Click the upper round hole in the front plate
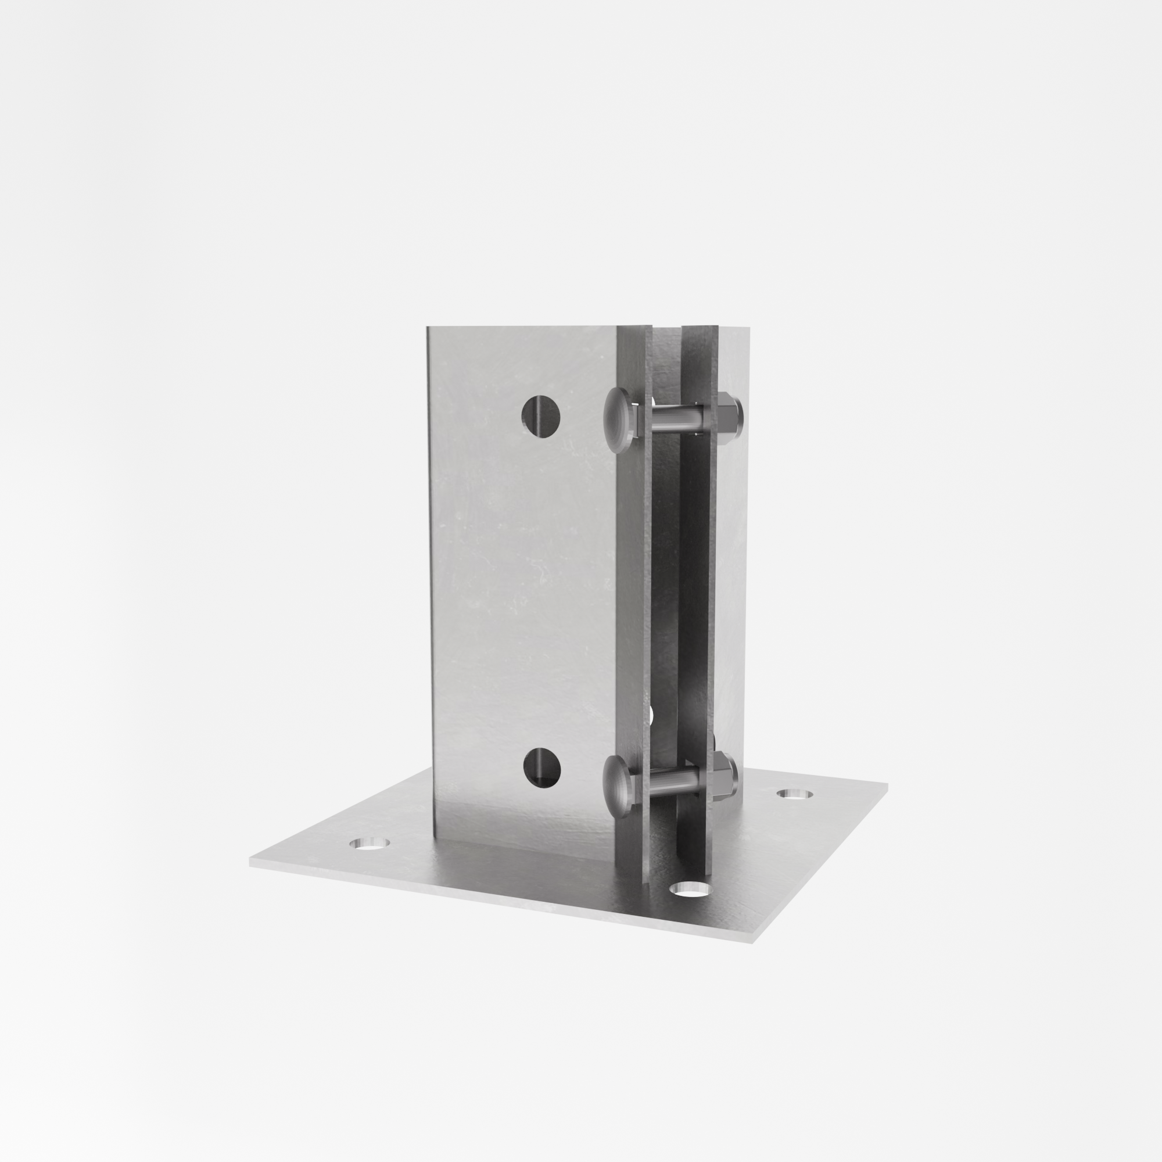(x=541, y=415)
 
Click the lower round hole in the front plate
(x=541, y=768)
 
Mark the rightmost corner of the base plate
(x=887, y=784)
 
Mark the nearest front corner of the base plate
(x=752, y=942)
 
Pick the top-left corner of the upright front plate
(x=428, y=328)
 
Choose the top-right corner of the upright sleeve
(x=750, y=328)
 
